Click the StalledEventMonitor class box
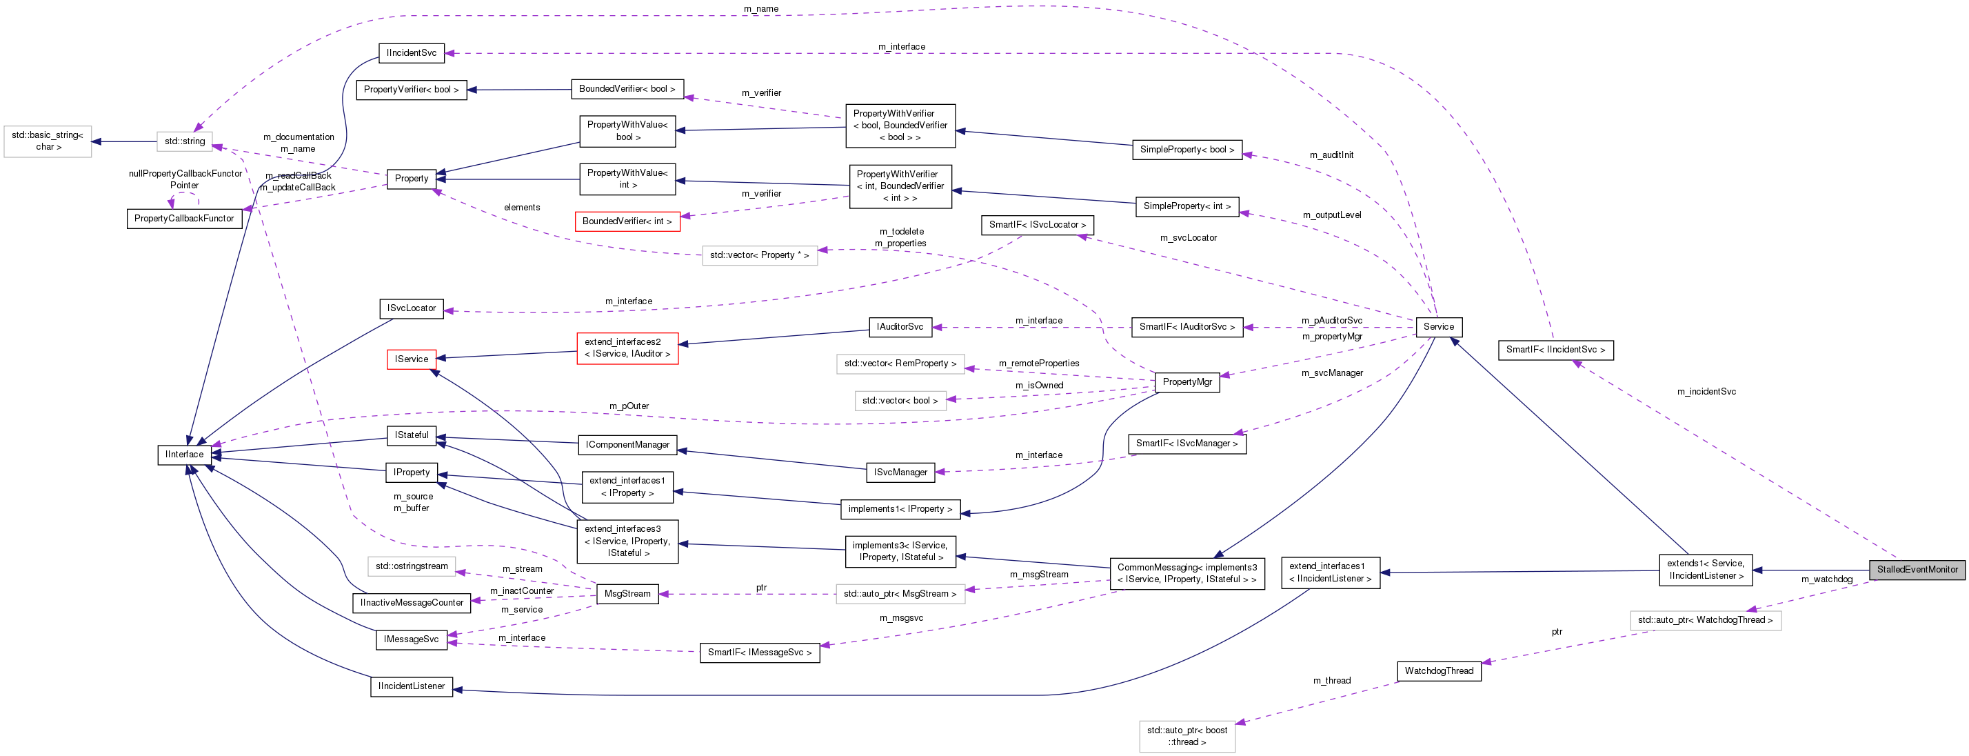pos(1917,570)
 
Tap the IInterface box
pos(184,454)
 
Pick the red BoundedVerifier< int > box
pos(627,221)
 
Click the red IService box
pos(411,359)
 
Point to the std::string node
pos(184,141)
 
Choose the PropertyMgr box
pos(1187,381)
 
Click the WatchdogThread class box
pos(1439,671)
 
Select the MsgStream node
pos(627,594)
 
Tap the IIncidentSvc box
pos(411,52)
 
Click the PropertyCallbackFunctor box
pos(183,219)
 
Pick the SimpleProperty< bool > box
pos(1187,150)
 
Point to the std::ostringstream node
pos(411,566)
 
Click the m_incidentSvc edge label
pos(1706,391)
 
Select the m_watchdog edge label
pos(1826,579)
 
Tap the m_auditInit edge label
pos(1331,155)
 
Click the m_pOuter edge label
pos(628,406)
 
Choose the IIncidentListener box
pos(411,686)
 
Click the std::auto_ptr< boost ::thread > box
pos(1187,736)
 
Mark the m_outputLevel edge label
pos(1331,215)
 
